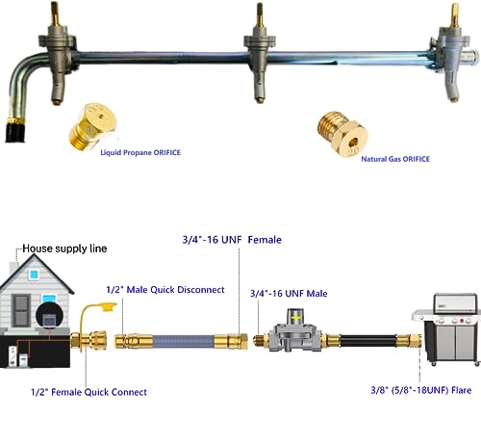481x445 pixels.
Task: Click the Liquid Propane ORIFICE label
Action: coord(140,152)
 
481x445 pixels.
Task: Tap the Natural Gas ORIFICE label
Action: coord(395,159)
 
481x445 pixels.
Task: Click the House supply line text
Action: coord(64,249)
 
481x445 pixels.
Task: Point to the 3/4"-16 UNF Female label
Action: coord(232,240)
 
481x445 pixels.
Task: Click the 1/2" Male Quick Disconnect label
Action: coord(165,290)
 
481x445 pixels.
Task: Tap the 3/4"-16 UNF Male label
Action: coord(289,294)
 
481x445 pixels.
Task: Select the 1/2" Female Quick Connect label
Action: coord(89,392)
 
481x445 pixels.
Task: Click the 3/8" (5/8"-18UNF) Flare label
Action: coord(421,390)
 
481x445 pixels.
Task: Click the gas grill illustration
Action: coord(447,329)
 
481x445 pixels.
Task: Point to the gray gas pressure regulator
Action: coord(295,329)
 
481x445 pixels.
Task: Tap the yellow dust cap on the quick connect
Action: coord(108,306)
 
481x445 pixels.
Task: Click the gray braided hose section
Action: coord(184,342)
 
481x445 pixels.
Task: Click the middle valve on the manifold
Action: coord(260,53)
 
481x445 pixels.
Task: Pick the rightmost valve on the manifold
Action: coord(452,53)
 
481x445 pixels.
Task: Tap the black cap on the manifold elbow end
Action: coord(15,132)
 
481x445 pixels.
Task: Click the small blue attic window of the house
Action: coord(34,275)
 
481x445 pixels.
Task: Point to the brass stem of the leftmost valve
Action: coord(55,13)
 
